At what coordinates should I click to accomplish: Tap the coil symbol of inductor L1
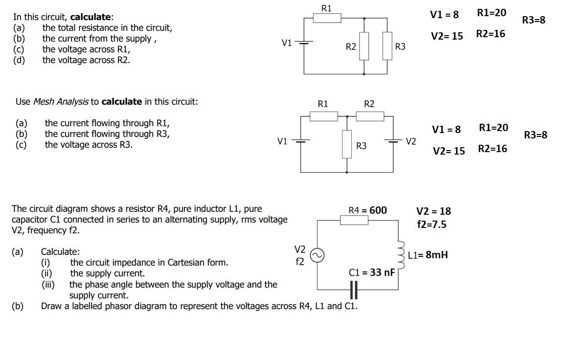tap(400, 254)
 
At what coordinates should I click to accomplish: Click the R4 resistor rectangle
tap(354, 220)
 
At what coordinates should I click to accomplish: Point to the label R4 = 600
tap(367, 210)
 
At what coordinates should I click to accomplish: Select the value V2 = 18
tap(433, 211)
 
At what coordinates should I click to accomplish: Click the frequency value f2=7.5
tap(432, 225)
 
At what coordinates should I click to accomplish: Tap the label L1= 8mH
tap(428, 255)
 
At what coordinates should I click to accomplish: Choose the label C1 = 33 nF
tap(371, 272)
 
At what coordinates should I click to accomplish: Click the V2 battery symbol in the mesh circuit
tap(393, 141)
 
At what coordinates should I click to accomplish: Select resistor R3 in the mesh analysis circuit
tap(347, 144)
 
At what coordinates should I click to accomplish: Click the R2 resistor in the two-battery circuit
tap(369, 116)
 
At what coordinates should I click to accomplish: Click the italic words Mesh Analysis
tap(61, 102)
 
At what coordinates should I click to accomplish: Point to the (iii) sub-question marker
tap(48, 285)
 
